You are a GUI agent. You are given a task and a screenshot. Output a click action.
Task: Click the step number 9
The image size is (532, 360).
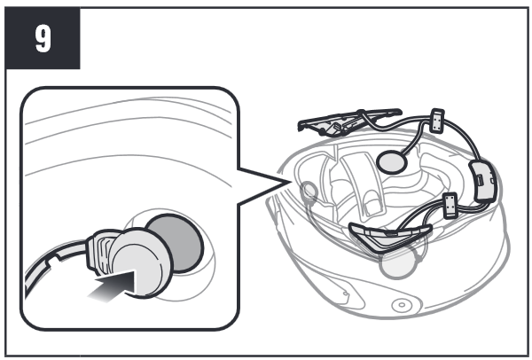click(43, 39)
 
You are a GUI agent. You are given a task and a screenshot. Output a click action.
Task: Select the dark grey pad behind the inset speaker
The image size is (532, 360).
click(180, 243)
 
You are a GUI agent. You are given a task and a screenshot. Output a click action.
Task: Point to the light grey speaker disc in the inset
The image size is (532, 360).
click(143, 263)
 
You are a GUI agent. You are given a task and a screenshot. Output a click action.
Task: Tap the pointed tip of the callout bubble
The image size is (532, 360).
click(290, 182)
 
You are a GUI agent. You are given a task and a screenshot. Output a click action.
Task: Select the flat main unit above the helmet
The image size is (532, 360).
click(346, 121)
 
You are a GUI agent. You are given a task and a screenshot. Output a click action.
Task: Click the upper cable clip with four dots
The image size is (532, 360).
click(437, 121)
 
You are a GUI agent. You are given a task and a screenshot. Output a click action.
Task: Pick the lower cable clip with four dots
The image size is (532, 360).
click(450, 205)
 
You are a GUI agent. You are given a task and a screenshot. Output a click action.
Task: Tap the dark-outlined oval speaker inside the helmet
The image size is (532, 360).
click(392, 162)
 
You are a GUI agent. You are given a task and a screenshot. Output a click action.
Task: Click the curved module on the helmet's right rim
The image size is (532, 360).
click(482, 182)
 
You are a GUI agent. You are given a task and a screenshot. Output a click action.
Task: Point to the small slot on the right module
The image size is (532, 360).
click(480, 179)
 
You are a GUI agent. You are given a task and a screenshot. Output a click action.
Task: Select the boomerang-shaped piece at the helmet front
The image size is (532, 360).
click(390, 235)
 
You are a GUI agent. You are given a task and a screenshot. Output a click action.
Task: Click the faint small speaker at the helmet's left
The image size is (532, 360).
click(309, 191)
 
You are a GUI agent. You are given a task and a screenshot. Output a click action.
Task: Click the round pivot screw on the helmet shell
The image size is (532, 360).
click(402, 305)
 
